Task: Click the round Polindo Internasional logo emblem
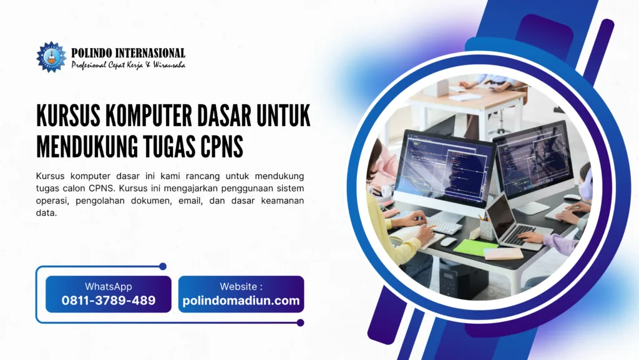tap(51, 57)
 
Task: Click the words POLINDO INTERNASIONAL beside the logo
tap(128, 53)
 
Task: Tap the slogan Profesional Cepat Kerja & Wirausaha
tap(129, 65)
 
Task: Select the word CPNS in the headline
tap(222, 147)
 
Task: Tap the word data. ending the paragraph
tap(46, 213)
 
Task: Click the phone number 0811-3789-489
tap(109, 301)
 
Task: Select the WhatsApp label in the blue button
tap(109, 286)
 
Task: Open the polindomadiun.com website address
tap(241, 301)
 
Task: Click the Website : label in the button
tap(241, 286)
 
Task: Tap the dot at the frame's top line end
tap(163, 266)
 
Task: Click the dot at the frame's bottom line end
tap(300, 323)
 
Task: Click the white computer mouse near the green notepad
tap(448, 241)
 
